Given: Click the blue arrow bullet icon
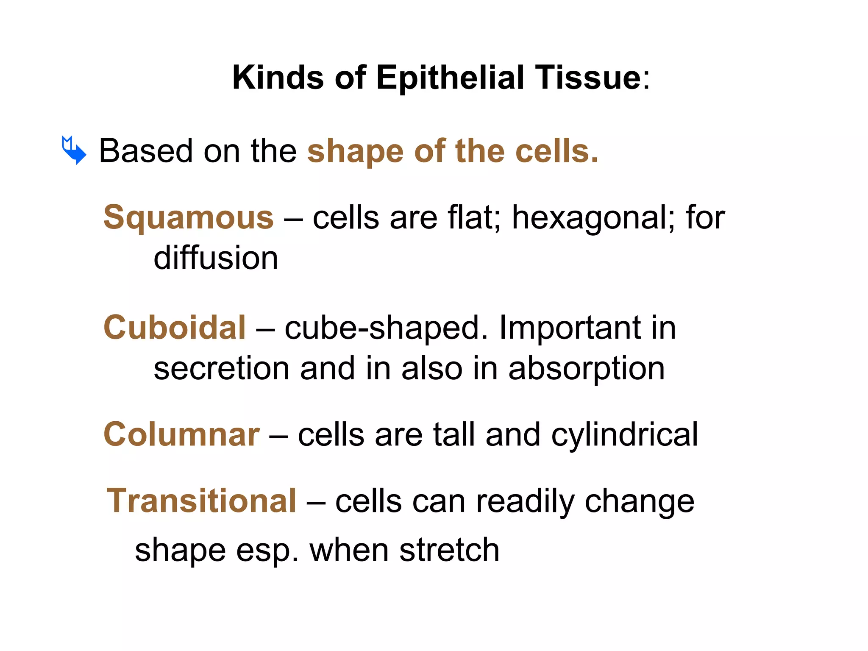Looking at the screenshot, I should point(74,150).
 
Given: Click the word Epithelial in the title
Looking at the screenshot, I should point(450,78).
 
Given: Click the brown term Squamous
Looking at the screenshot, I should point(189,217).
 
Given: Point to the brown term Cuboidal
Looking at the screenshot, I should point(175,328).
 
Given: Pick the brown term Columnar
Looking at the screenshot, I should point(181,434).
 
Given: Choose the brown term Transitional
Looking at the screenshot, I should point(201,501).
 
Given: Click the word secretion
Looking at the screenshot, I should point(222,368).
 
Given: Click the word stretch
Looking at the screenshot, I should point(449,550).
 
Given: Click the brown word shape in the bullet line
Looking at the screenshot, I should point(355,152).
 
